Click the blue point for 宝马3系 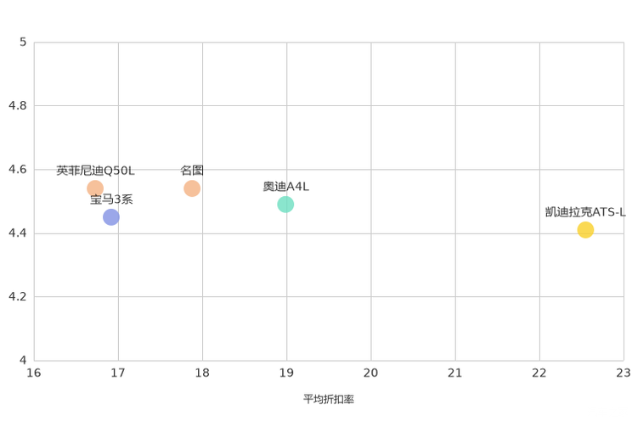[x=110, y=217]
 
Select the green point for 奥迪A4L [x=285, y=205]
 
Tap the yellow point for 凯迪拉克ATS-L [x=585, y=230]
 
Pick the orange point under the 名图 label [x=192, y=188]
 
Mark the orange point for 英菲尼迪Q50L [x=95, y=188]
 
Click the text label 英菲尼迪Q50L [x=95, y=171]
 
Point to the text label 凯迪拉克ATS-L [x=585, y=212]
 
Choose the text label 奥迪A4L [x=285, y=187]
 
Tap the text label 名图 [x=192, y=171]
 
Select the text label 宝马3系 [x=111, y=199]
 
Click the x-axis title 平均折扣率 [x=329, y=399]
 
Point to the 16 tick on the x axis [x=34, y=373]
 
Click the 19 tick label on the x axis [x=286, y=373]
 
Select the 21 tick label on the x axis [x=454, y=373]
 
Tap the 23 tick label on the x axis [x=624, y=373]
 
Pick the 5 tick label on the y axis [x=23, y=42]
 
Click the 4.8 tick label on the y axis [x=18, y=105]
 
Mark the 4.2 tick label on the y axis [x=18, y=296]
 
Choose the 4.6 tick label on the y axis [x=18, y=169]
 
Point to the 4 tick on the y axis [x=23, y=360]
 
